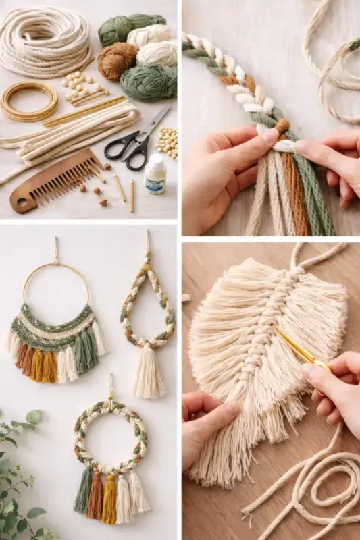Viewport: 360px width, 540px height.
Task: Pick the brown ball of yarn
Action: coord(117,61)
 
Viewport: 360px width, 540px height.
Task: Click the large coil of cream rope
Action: coord(45,40)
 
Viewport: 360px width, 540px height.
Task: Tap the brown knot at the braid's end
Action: coord(282,126)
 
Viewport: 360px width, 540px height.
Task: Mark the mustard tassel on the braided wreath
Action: coord(109,500)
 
